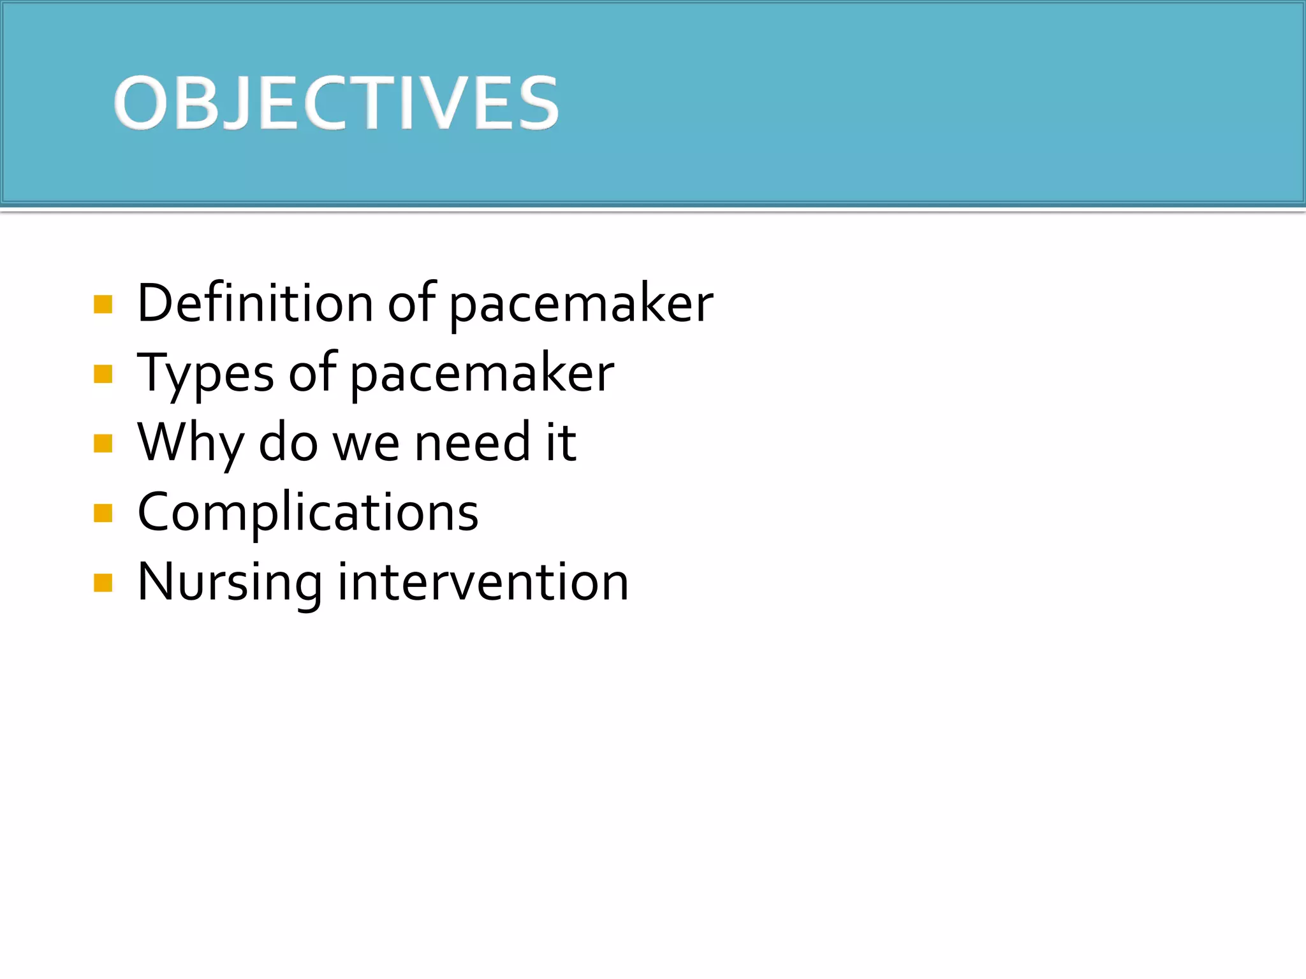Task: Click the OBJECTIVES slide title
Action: (x=336, y=103)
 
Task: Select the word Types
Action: (x=205, y=374)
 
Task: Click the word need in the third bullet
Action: (x=473, y=442)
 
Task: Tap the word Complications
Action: (x=308, y=513)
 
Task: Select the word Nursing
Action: (x=230, y=583)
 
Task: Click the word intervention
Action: (x=483, y=583)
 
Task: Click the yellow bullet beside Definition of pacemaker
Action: (x=103, y=305)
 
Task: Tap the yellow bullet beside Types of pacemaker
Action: (x=103, y=374)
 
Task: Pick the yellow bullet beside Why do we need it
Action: (x=103, y=443)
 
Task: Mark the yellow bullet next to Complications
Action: (x=103, y=513)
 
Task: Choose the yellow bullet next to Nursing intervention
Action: (x=103, y=583)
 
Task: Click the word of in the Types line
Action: (x=312, y=373)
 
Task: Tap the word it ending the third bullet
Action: (x=561, y=442)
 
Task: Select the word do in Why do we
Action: (x=288, y=442)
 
